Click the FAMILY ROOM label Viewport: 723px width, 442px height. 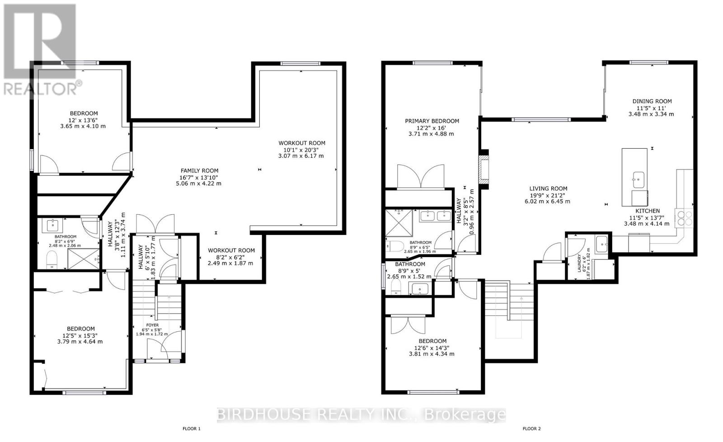click(199, 171)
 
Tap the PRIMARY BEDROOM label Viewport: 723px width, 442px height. click(432, 121)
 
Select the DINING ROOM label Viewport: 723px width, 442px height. click(652, 101)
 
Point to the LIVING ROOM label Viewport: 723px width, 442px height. click(548, 188)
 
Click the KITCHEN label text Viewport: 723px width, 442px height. click(648, 211)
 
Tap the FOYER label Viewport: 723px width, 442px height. click(152, 325)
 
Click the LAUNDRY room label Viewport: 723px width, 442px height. click(579, 263)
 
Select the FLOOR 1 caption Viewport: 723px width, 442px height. click(192, 429)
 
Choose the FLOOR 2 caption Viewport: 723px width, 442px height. click(531, 429)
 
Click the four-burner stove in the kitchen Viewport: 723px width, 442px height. click(684, 218)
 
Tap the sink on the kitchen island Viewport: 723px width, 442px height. click(638, 179)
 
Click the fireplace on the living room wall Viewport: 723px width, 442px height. click(484, 169)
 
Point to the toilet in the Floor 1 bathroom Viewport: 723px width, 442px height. click(52, 260)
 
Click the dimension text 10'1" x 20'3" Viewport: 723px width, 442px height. click(301, 150)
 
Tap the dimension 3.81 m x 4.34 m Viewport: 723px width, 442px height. click(432, 354)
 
